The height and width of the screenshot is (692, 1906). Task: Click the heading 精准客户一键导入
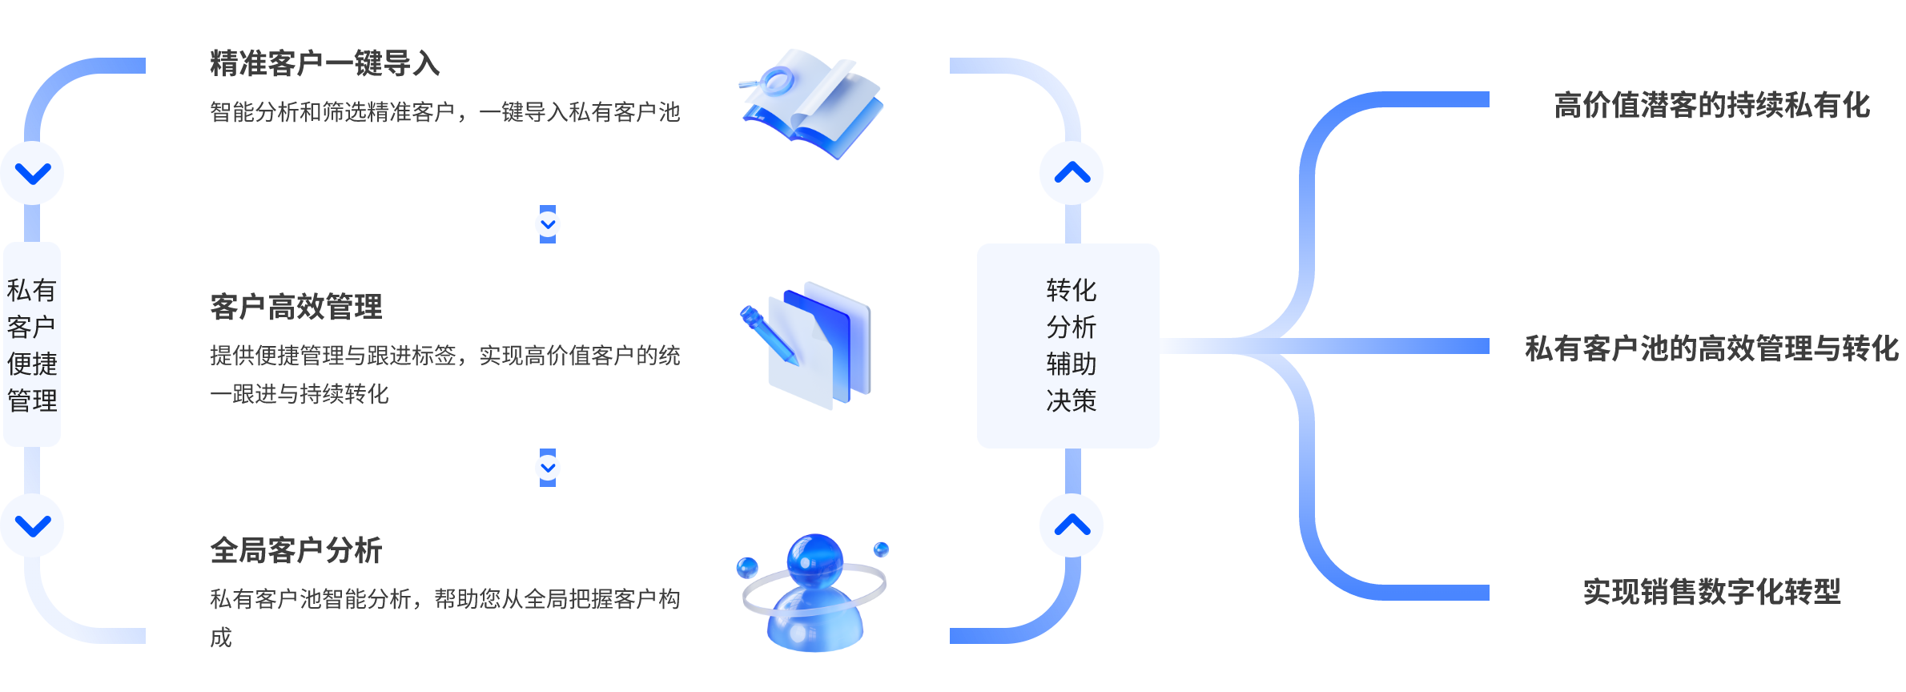coord(324,63)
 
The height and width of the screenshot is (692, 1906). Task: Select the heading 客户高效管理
coord(296,307)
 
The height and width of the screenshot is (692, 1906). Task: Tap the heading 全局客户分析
coord(296,550)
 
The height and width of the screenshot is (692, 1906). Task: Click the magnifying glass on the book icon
coord(773,80)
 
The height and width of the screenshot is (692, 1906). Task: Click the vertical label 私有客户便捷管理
coord(32,344)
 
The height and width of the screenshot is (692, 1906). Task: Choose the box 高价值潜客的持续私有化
coord(1711,103)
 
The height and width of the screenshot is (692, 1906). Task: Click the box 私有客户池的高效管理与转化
coord(1711,347)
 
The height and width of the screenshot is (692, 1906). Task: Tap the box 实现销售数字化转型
coord(1711,590)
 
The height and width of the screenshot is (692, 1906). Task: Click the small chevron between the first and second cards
coord(548,224)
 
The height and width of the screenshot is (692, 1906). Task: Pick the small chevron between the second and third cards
coord(548,468)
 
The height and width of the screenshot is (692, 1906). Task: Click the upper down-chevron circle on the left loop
coord(33,173)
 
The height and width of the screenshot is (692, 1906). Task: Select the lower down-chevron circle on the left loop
coord(33,525)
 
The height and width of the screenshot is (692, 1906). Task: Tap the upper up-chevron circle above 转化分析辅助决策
coord(1072,173)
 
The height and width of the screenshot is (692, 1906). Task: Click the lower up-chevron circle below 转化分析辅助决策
coord(1072,525)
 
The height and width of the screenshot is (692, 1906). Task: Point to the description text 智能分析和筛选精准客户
coord(444,112)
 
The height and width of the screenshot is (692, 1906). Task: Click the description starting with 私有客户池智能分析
coord(444,599)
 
